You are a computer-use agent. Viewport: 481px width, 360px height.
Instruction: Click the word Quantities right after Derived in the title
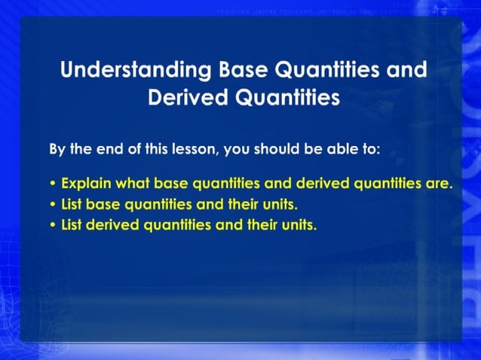tap(290, 97)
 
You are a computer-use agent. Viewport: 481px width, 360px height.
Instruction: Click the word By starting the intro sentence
tap(57, 149)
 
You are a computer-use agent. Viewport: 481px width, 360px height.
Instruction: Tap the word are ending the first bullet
tap(440, 184)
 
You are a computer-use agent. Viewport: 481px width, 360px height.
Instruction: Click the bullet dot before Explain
tap(52, 185)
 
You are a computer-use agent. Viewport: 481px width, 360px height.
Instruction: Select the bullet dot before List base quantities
tap(52, 205)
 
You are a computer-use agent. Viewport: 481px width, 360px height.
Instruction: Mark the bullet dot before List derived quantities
tap(52, 225)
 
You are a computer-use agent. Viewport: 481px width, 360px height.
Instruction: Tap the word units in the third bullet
tap(299, 224)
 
